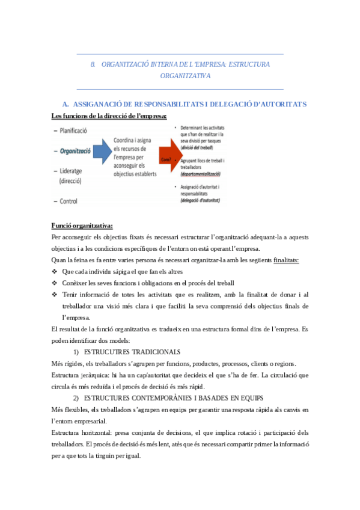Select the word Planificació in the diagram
(75, 131)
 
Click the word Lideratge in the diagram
(74, 171)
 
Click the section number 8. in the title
(93, 64)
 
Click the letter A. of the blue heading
(67, 104)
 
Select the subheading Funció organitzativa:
(82, 226)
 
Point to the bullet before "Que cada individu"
(55, 271)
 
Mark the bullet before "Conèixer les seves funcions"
(55, 283)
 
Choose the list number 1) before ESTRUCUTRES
(76, 351)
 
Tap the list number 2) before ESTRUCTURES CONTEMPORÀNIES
(76, 398)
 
